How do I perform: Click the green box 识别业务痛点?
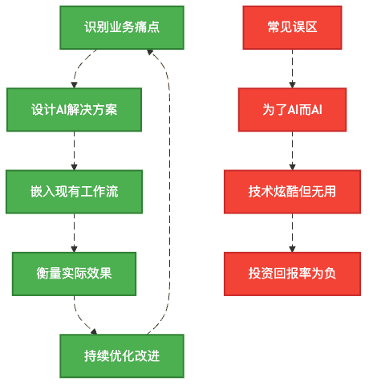(122, 26)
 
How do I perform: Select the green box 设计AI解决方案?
(74, 109)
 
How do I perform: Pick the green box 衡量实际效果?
(74, 273)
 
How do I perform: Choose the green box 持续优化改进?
(122, 355)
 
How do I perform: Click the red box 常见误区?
(292, 26)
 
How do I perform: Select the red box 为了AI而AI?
(292, 109)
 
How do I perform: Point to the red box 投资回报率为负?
(292, 273)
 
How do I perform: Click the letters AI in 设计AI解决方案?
(63, 109)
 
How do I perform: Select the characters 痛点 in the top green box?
(147, 26)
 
